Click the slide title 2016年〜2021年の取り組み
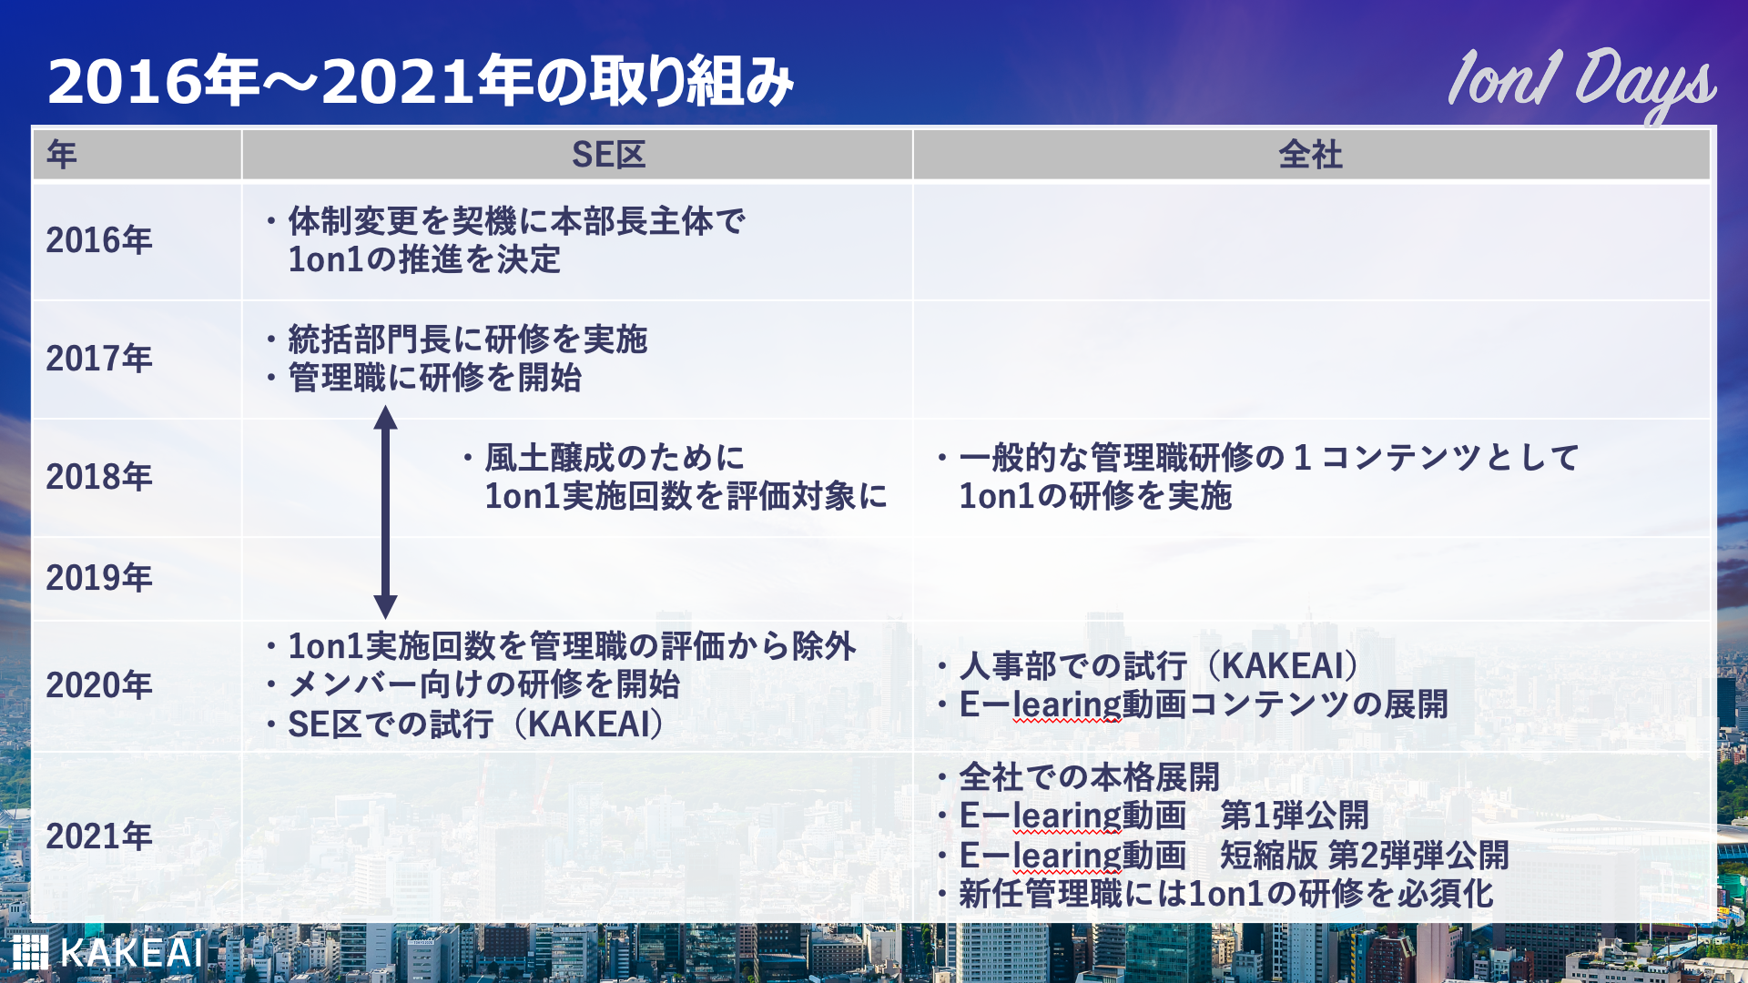point(421,81)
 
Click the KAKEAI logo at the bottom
point(107,953)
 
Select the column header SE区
point(609,155)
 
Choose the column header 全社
point(1310,155)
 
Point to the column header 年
point(62,155)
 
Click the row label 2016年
point(99,240)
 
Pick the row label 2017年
point(99,359)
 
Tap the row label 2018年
point(99,477)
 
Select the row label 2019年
point(99,578)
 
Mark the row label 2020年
point(99,685)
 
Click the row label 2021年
point(99,836)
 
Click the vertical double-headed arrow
point(386,512)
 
